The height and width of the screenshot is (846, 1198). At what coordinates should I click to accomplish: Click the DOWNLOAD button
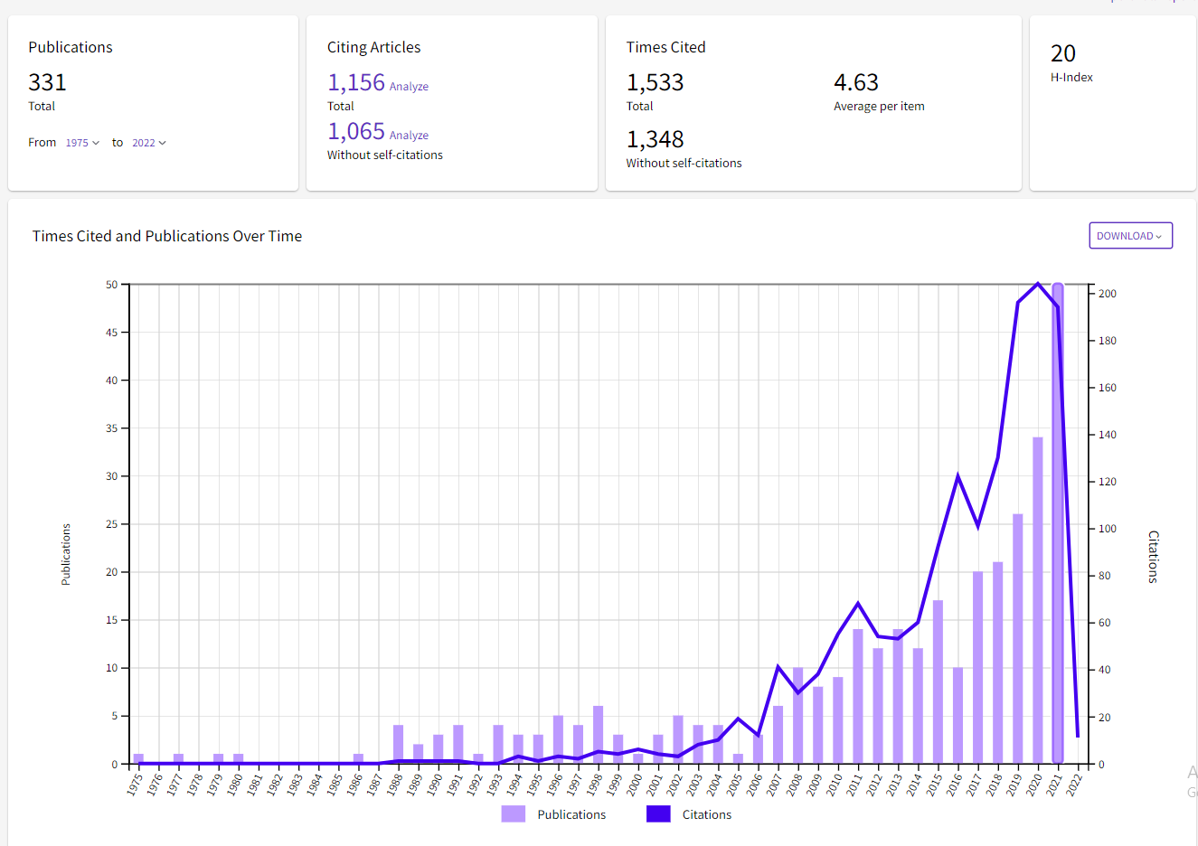[x=1130, y=236]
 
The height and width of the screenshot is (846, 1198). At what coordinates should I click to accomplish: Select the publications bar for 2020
[x=1038, y=600]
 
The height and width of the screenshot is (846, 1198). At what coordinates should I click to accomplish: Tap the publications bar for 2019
[x=1018, y=638]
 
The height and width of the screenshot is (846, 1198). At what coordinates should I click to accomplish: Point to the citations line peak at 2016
[x=957, y=475]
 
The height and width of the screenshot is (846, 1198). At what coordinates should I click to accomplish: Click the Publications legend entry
[x=554, y=814]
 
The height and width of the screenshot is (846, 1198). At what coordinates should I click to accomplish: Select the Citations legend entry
[x=690, y=814]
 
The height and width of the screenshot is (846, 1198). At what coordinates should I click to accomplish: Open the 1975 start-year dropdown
[x=82, y=143]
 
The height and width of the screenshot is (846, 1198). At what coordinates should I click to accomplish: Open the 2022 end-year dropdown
[x=149, y=143]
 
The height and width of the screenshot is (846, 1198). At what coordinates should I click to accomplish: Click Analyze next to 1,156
[x=409, y=87]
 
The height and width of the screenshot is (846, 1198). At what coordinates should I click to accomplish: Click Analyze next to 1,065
[x=409, y=136]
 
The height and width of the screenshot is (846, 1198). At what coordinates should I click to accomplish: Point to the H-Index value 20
[x=1063, y=54]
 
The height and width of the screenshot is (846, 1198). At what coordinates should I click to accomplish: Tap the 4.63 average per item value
[x=856, y=83]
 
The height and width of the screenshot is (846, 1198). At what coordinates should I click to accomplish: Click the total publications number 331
[x=47, y=83]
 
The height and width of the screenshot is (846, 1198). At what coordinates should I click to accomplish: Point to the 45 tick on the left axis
[x=111, y=333]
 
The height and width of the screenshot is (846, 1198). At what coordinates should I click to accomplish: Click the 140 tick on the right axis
[x=1107, y=435]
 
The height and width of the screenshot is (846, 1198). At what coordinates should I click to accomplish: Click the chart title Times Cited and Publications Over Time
[x=167, y=236]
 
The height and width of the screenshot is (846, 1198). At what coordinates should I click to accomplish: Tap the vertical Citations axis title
[x=1153, y=556]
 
